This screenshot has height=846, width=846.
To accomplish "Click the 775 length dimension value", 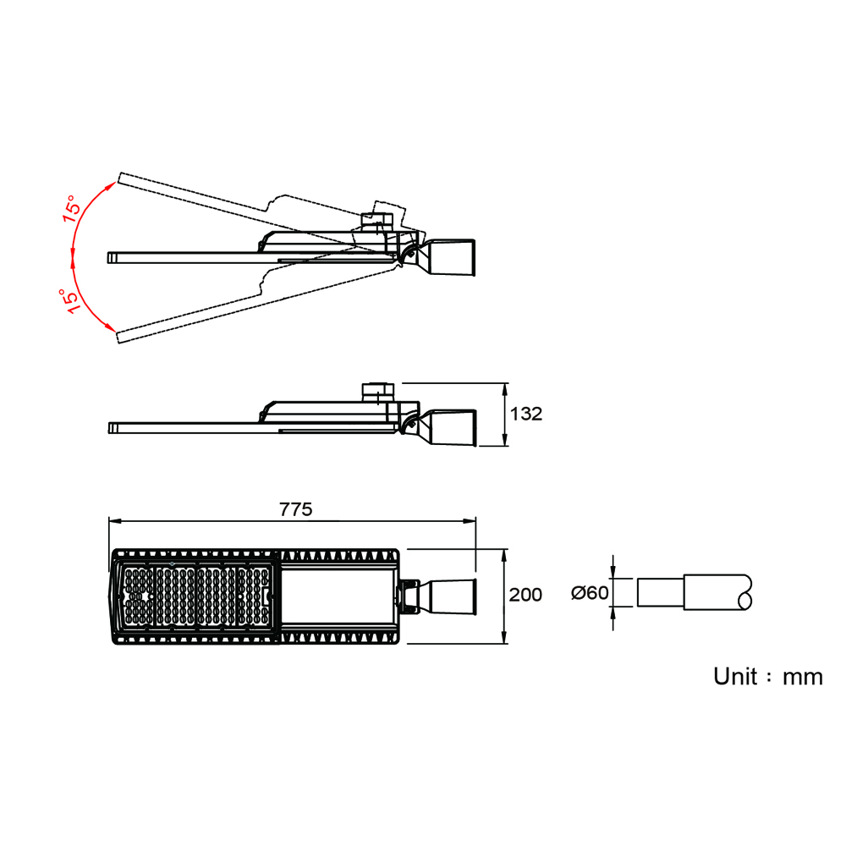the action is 295,509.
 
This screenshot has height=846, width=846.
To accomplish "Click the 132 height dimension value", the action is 526,414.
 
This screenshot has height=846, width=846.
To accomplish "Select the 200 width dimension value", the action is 525,595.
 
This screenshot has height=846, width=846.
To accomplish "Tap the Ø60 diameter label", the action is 590,593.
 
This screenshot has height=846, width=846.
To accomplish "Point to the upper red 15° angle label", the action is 72,209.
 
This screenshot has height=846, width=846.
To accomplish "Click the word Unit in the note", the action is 735,676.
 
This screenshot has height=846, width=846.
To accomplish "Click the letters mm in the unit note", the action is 803,678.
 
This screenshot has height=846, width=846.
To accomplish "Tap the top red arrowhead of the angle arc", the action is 111,186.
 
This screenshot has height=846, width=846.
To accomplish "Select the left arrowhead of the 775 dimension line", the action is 115,521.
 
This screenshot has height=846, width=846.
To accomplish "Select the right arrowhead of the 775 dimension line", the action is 470,521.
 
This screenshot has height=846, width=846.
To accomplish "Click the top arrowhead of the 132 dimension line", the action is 505,389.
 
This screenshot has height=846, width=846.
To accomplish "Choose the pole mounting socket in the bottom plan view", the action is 437,596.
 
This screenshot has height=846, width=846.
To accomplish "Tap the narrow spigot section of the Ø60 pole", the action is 661,592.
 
